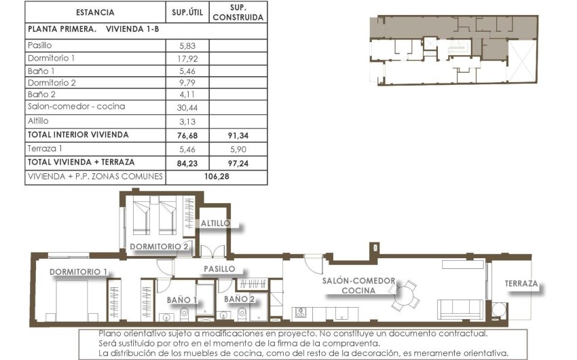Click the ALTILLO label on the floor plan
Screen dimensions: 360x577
[x=215, y=223]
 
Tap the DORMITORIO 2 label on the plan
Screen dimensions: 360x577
[x=160, y=246]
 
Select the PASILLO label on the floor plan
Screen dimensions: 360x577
[x=220, y=269]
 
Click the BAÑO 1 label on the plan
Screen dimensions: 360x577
[x=181, y=299]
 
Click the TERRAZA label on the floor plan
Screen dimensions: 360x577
[x=521, y=284]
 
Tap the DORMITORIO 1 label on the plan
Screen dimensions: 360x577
[x=78, y=272]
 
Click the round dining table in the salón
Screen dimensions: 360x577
[x=405, y=295]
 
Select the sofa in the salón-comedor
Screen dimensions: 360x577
[x=460, y=309]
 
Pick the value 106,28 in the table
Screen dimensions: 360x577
[x=216, y=177]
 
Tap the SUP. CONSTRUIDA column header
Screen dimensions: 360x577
[x=238, y=12]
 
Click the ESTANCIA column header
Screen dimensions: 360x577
[x=95, y=12]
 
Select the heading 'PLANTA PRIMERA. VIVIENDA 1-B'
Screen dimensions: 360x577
[x=93, y=29]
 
